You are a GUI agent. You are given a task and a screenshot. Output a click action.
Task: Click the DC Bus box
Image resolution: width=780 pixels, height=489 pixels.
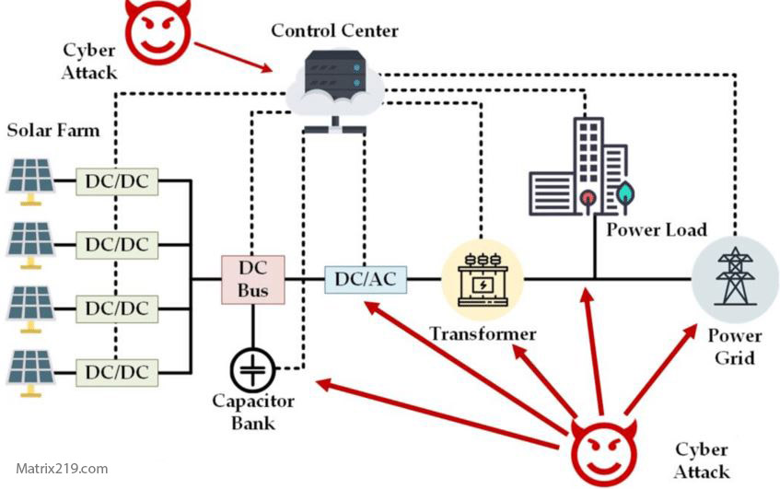tap(253, 278)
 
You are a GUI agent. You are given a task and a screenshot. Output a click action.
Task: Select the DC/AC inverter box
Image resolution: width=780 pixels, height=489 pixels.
tap(366, 278)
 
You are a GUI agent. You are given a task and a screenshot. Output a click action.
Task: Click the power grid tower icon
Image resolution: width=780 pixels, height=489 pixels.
tap(733, 275)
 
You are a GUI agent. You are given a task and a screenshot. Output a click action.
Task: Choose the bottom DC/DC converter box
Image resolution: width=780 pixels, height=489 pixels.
tap(117, 371)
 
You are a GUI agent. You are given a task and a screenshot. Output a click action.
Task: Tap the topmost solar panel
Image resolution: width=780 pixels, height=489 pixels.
tap(31, 178)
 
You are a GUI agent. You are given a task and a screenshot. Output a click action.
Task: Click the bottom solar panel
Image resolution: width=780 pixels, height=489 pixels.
tap(31, 370)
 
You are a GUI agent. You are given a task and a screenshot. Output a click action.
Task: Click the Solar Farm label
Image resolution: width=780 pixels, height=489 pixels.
tap(53, 129)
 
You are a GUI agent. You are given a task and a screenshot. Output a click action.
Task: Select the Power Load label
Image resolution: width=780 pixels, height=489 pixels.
tap(657, 229)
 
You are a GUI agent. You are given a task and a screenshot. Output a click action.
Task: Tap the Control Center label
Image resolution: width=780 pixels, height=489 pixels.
tap(334, 31)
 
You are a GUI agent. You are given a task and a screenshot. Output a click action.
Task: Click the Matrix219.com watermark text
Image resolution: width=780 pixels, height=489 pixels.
tap(62, 468)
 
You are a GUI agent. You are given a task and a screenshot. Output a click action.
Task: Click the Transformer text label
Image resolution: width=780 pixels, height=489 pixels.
tap(483, 333)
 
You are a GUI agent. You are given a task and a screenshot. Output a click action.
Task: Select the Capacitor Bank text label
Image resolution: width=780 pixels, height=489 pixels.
tap(253, 412)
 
